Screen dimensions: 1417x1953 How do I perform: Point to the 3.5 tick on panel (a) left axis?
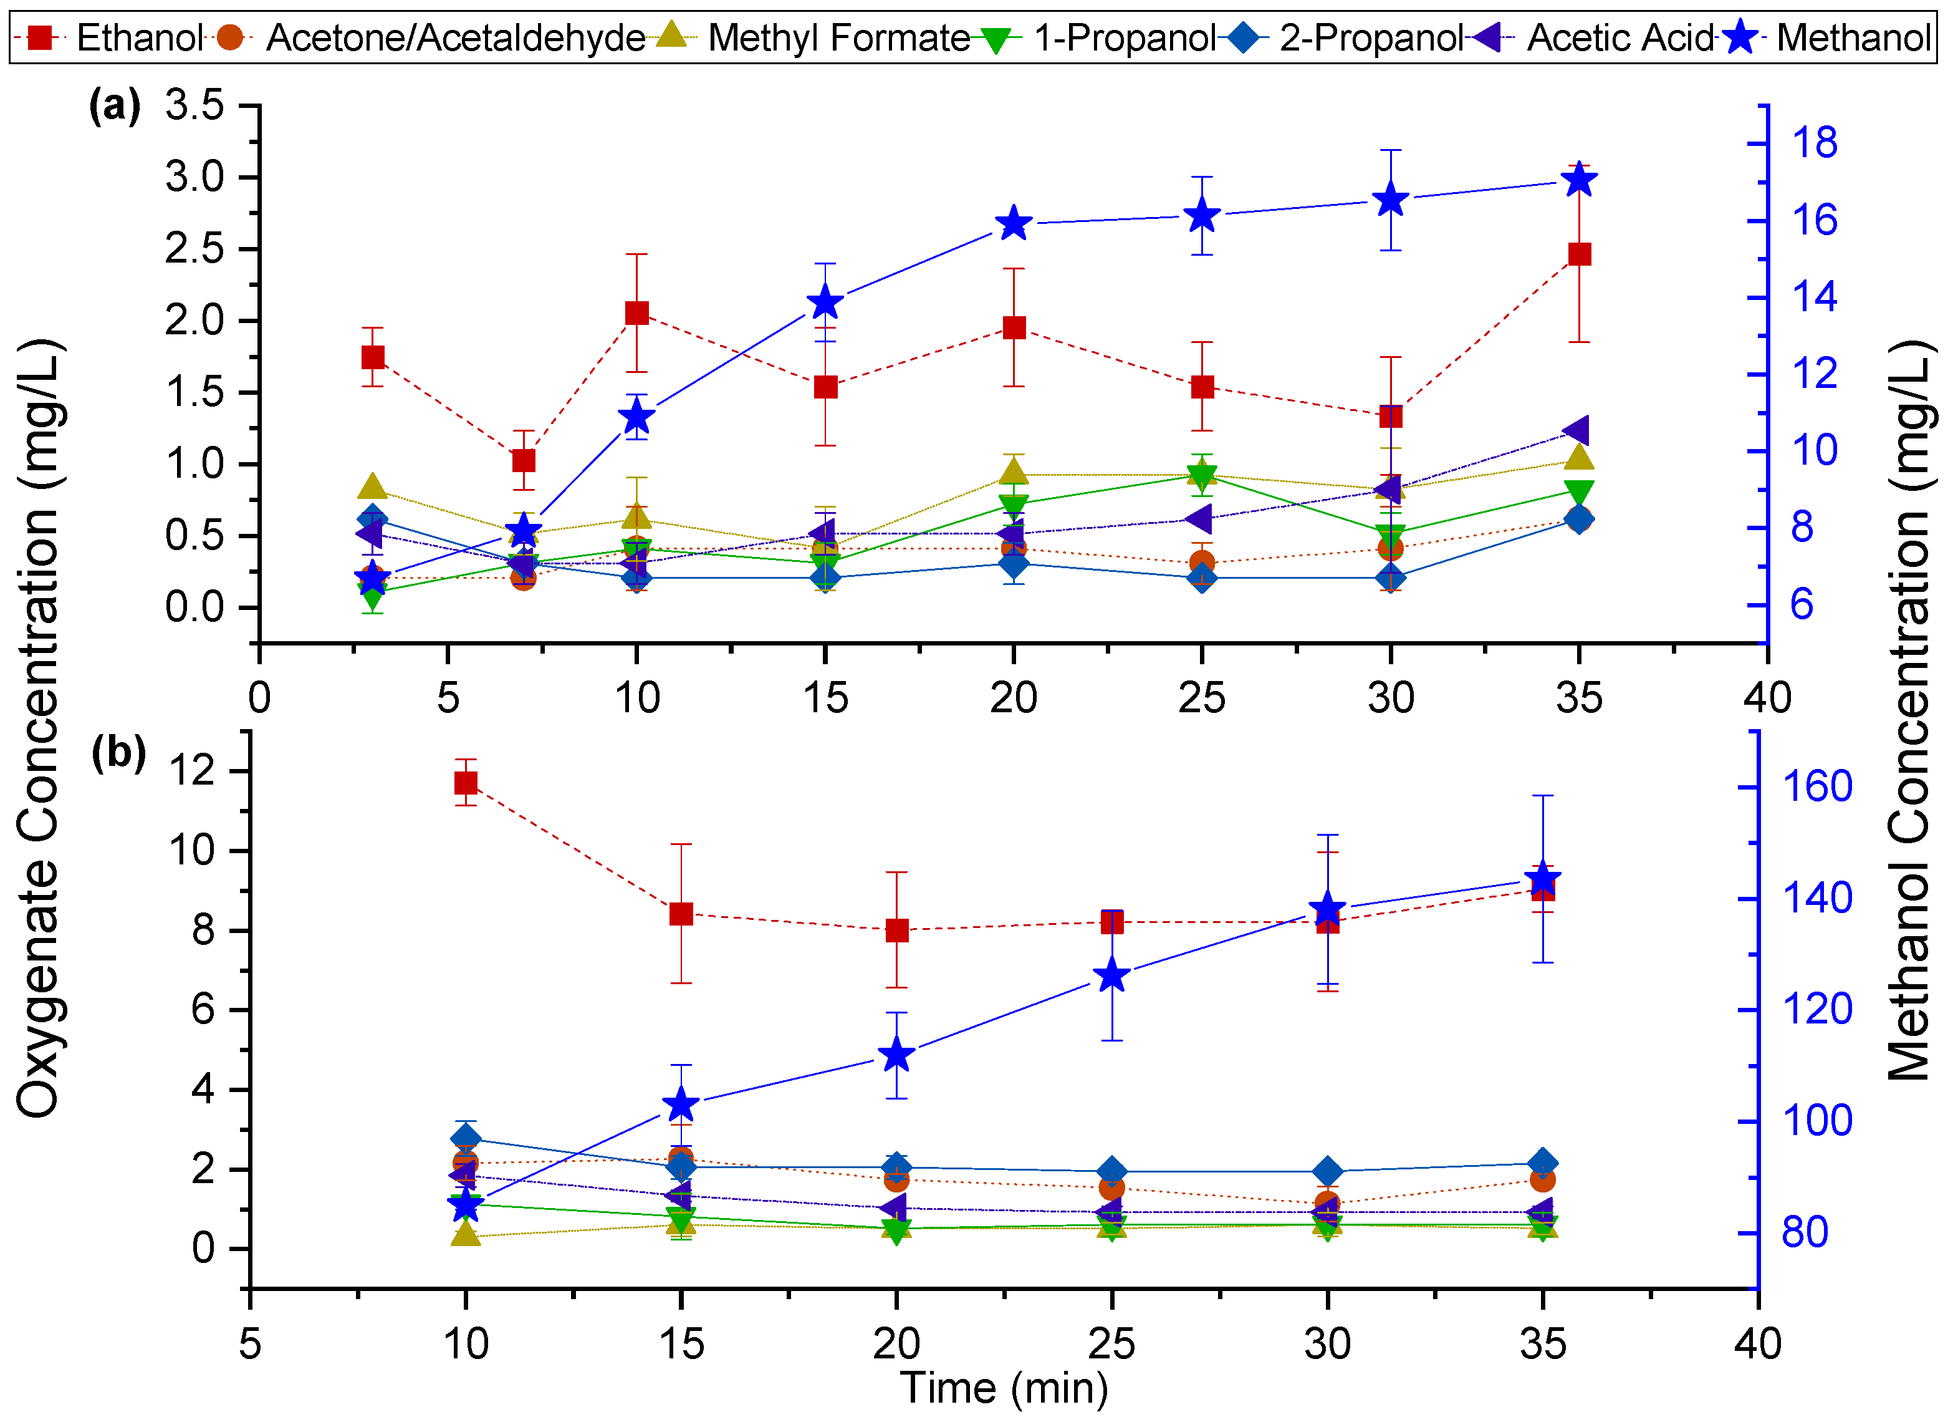pyautogui.click(x=196, y=106)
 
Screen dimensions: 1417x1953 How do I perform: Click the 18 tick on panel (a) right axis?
pyautogui.click(x=1813, y=143)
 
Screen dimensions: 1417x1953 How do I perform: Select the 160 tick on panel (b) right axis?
pyautogui.click(x=1817, y=787)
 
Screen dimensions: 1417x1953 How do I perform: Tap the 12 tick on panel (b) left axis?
pyautogui.click(x=192, y=770)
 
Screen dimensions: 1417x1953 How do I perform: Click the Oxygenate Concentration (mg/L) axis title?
pyautogui.click(x=39, y=728)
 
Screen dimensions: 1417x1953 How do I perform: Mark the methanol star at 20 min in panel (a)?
pyautogui.click(x=1014, y=224)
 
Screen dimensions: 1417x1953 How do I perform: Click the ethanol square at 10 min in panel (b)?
pyautogui.click(x=466, y=782)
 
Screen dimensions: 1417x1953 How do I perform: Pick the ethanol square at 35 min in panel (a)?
pyautogui.click(x=1579, y=254)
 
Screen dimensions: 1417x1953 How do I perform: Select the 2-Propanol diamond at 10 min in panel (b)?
pyautogui.click(x=466, y=1139)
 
